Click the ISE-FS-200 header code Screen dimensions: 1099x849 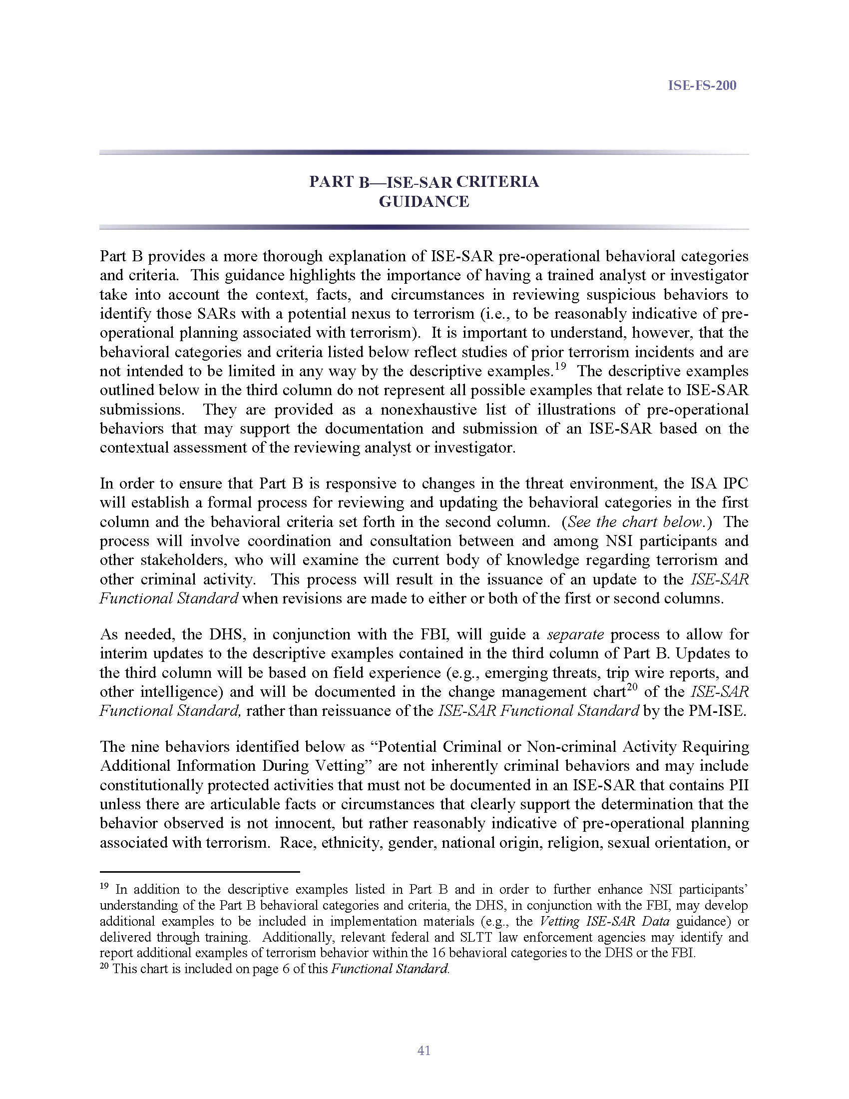tap(702, 85)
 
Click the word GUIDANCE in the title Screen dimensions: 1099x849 tap(424, 202)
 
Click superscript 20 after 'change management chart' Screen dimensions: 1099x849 tap(632, 687)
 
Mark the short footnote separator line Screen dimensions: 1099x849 tap(199, 871)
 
